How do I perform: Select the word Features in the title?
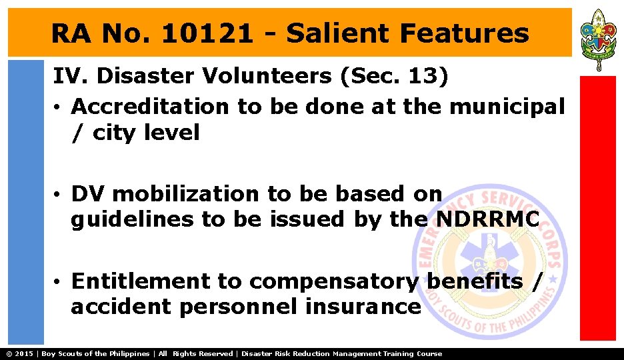tap(464, 33)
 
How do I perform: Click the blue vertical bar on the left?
tap(25, 200)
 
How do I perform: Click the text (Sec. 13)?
tap(394, 77)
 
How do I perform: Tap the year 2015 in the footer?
tap(25, 353)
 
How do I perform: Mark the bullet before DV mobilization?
tap(59, 195)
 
